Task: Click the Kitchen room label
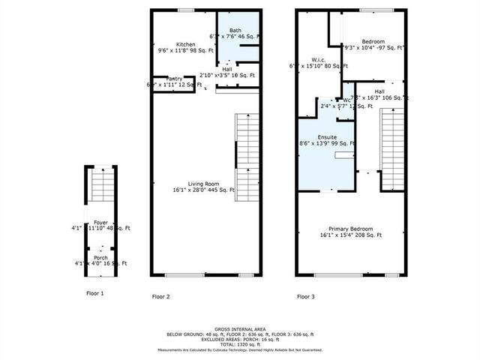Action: click(185, 44)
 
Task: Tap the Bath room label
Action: click(235, 30)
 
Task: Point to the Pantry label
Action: click(175, 79)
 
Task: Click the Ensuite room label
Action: click(326, 137)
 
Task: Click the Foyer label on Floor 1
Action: click(100, 222)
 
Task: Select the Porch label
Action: click(100, 257)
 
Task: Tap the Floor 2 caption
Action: click(161, 297)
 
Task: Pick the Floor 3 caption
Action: click(306, 297)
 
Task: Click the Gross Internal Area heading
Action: click(239, 328)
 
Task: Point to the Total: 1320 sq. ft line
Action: click(239, 343)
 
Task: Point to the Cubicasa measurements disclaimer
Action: click(239, 349)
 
